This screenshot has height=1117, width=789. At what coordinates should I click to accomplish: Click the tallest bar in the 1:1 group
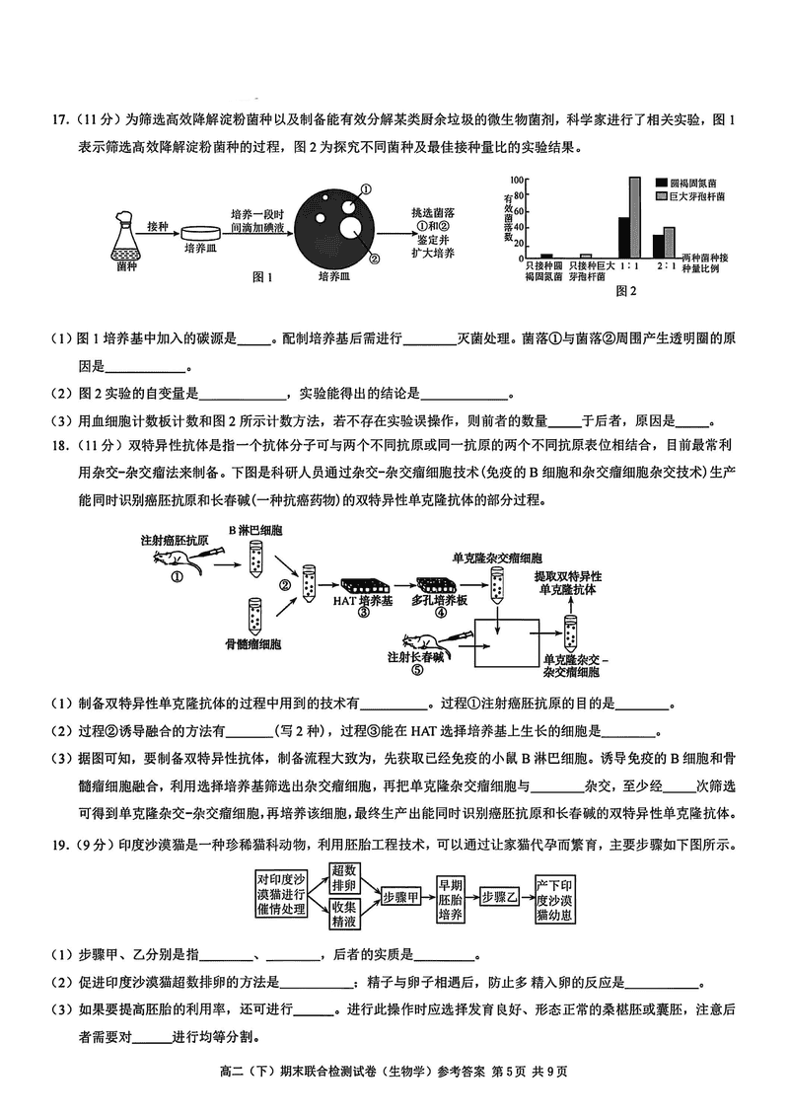[635, 217]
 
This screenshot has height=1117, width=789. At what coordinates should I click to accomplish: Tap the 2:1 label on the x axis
[666, 266]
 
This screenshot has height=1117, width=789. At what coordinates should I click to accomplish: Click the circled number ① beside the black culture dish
[365, 189]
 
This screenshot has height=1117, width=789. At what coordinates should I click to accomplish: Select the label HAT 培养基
[363, 600]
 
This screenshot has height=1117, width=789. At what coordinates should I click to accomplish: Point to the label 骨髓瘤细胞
[253, 644]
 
